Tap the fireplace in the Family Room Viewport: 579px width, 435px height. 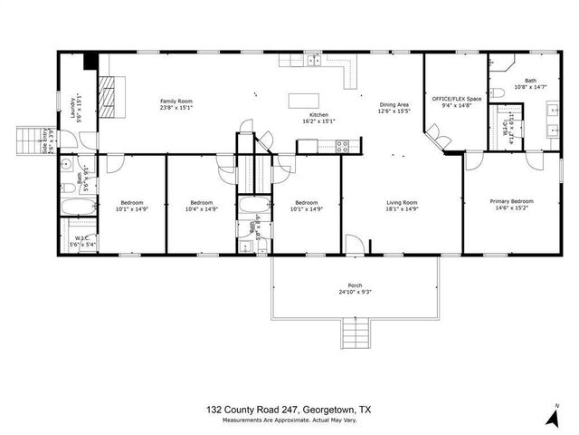(107, 95)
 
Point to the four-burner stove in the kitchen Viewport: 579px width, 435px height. (343, 145)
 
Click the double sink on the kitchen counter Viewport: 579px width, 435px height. (311, 61)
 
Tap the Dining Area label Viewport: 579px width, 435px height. (394, 107)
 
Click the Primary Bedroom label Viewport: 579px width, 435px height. (511, 201)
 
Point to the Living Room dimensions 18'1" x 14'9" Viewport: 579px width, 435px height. (403, 209)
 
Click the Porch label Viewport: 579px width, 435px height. (355, 285)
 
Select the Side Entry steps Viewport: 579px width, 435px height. (30, 141)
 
